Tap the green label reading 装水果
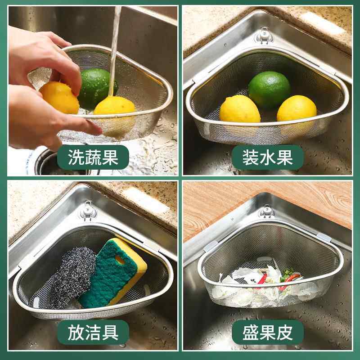(x=267, y=157)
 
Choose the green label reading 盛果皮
(x=267, y=333)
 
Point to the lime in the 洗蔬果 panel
(x=97, y=88)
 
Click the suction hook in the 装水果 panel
(x=264, y=36)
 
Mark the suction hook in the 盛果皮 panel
(x=267, y=211)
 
